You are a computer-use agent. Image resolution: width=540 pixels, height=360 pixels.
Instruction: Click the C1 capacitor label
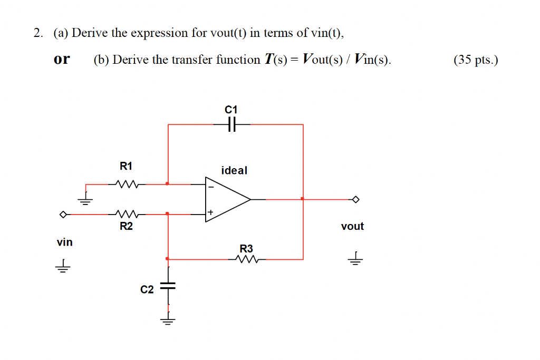pos(231,110)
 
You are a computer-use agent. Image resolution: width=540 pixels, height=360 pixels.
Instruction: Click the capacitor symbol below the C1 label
pos(232,125)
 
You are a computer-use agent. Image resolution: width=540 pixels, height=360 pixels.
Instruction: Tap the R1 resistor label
pos(126,167)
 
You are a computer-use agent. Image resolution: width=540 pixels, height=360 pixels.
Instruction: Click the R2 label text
pos(126,227)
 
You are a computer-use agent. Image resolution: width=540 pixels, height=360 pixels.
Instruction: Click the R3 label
pos(246,248)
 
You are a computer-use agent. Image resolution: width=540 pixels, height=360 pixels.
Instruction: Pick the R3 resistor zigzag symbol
pos(246,259)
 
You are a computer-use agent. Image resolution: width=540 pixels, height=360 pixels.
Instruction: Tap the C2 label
pos(147,290)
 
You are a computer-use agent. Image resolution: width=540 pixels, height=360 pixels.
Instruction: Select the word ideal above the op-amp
pos(234,171)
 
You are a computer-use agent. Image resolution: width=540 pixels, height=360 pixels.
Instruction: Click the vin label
pos(65,242)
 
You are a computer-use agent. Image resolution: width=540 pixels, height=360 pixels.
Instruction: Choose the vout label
pos(352,227)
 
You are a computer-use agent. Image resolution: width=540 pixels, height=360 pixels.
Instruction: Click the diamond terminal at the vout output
pos(356,199)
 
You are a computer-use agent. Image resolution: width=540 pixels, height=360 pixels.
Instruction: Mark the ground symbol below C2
pos(168,320)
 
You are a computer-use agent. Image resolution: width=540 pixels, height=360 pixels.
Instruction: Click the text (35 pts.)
pos(475,60)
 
